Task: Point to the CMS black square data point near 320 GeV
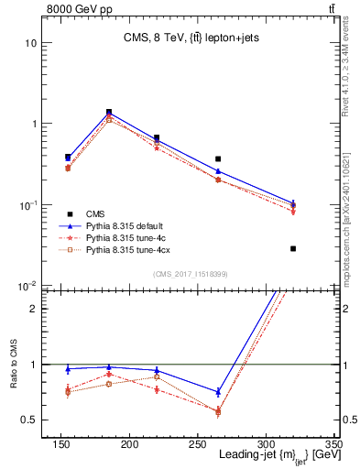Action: point(293,248)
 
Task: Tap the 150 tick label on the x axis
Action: point(61,444)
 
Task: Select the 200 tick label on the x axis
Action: point(129,444)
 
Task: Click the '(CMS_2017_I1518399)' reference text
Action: point(191,273)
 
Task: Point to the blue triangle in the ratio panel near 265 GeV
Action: point(218,392)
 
